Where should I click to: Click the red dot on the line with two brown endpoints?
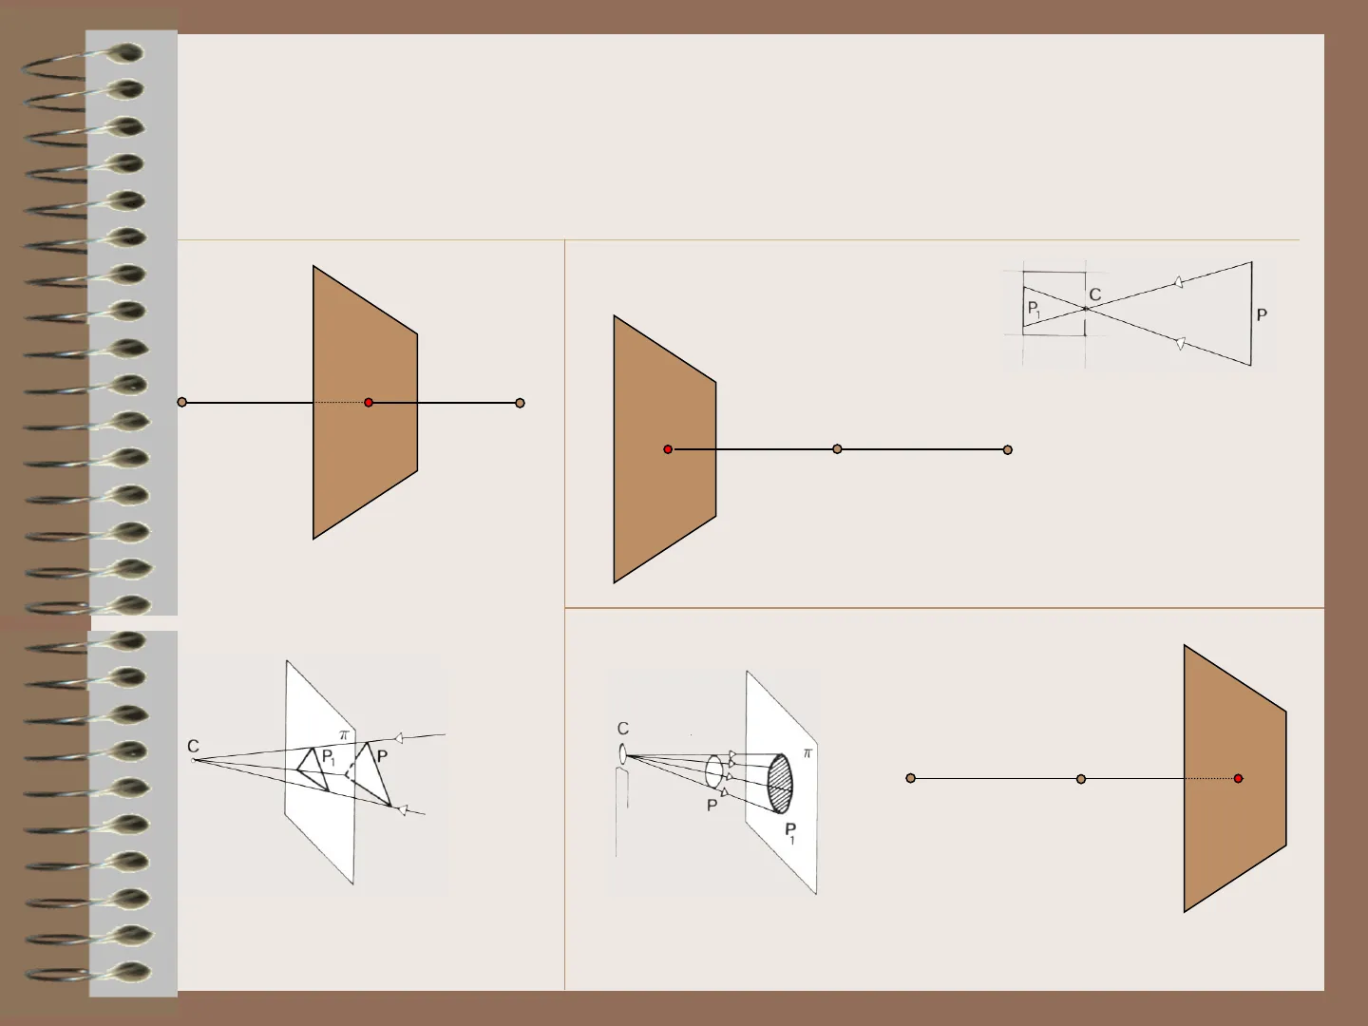point(369,403)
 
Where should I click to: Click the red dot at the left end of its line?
point(668,449)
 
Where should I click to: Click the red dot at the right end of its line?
point(1239,778)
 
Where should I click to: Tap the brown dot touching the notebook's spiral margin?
point(182,403)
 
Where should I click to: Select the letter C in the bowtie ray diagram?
point(1095,294)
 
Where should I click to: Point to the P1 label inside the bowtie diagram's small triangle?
point(1034,309)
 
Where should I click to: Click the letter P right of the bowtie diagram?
point(1262,315)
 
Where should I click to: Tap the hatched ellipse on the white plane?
point(780,784)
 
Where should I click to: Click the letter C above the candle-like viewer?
point(623,729)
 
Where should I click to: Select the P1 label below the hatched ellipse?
point(790,833)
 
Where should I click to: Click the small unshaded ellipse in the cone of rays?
point(713,771)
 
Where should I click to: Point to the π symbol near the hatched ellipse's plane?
point(807,753)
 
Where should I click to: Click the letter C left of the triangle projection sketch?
point(193,747)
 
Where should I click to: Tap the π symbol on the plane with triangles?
point(344,735)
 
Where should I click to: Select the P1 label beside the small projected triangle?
point(329,758)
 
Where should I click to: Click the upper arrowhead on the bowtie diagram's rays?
point(1178,282)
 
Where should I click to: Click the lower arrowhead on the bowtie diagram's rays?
point(1179,343)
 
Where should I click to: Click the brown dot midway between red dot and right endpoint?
point(837,449)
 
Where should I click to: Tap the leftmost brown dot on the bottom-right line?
point(910,778)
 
